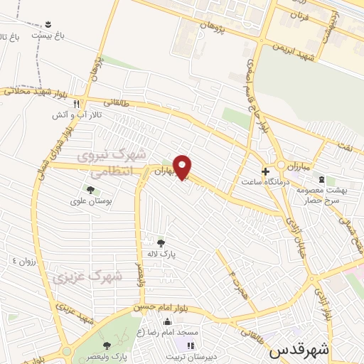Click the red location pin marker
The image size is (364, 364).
point(183,167)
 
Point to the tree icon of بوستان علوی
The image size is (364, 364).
point(90,189)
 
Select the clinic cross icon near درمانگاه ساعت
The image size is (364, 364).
point(266,171)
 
